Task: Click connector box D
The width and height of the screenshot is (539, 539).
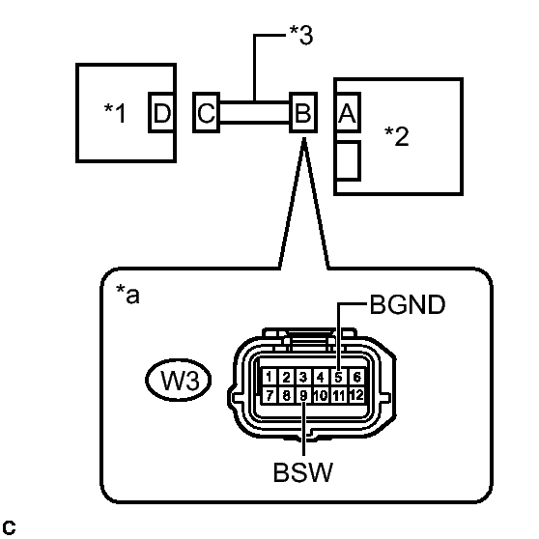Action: [x=161, y=112]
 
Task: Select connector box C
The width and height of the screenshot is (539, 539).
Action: [x=207, y=112]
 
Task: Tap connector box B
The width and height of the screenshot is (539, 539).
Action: [x=303, y=112]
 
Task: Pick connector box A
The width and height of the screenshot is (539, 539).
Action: [x=348, y=112]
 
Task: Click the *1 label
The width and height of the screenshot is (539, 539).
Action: [x=115, y=113]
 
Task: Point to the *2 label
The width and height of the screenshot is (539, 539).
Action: [x=397, y=136]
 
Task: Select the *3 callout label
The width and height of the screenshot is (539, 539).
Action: [x=301, y=35]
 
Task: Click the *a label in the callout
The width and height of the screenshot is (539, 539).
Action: [x=128, y=294]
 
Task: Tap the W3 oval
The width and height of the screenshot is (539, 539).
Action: [x=179, y=380]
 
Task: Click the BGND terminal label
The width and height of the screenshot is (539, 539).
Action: [x=408, y=304]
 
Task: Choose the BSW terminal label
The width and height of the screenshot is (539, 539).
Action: [x=303, y=472]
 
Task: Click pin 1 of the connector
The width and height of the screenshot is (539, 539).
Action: [x=269, y=377]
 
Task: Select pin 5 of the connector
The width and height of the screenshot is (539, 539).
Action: [x=339, y=377]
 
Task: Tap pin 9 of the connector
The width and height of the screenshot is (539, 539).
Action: [x=303, y=395]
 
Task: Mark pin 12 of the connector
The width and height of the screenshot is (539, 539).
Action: [x=356, y=395]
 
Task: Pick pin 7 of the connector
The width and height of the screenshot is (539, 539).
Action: [x=269, y=395]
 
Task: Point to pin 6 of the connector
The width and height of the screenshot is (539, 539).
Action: [x=356, y=377]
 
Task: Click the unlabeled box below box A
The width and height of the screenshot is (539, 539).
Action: [x=348, y=160]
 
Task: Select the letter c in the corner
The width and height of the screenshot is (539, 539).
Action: [x=9, y=527]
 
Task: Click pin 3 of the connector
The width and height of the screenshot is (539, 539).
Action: [x=303, y=377]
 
